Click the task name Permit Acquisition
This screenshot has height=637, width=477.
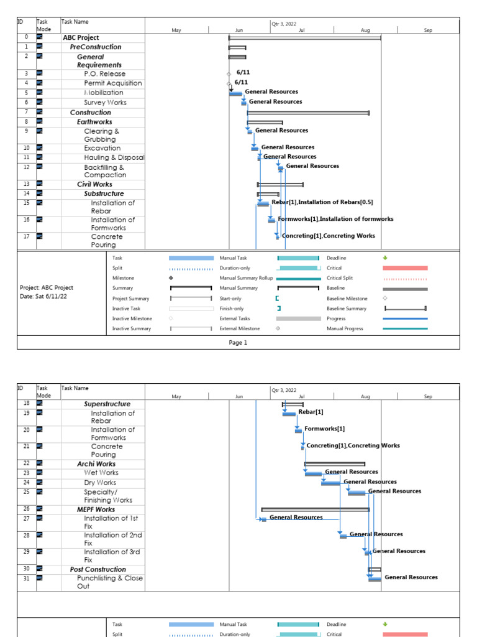click(112, 83)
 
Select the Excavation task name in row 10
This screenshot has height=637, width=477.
click(102, 148)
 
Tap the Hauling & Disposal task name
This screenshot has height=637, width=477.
click(114, 157)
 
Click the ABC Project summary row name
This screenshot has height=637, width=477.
click(81, 38)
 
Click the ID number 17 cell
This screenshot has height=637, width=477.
click(26, 236)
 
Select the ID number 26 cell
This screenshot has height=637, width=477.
click(26, 509)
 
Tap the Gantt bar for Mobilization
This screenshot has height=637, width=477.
click(235, 94)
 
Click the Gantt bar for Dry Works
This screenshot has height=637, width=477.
click(330, 483)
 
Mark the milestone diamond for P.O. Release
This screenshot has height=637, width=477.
click(229, 73)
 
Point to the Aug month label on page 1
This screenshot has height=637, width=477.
click(365, 30)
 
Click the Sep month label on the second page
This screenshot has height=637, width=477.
click(428, 396)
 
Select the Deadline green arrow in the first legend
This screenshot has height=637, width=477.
click(385, 258)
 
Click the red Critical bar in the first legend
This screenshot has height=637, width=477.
click(405, 268)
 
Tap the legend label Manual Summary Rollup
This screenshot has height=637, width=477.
click(246, 278)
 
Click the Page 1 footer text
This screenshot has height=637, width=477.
click(238, 343)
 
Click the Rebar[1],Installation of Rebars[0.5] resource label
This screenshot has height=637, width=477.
click(322, 202)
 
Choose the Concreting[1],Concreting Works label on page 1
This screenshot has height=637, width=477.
click(328, 236)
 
